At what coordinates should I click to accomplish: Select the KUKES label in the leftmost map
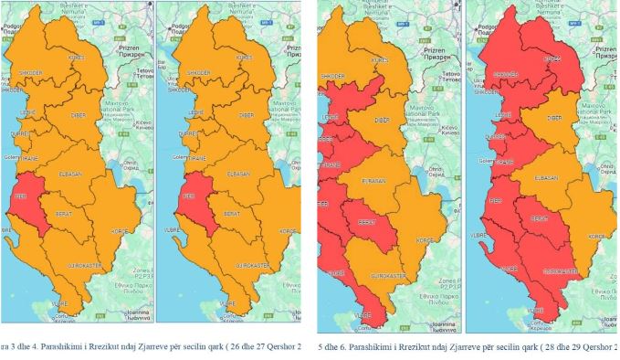coord(76,58)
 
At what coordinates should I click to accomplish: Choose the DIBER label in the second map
coord(246,117)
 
